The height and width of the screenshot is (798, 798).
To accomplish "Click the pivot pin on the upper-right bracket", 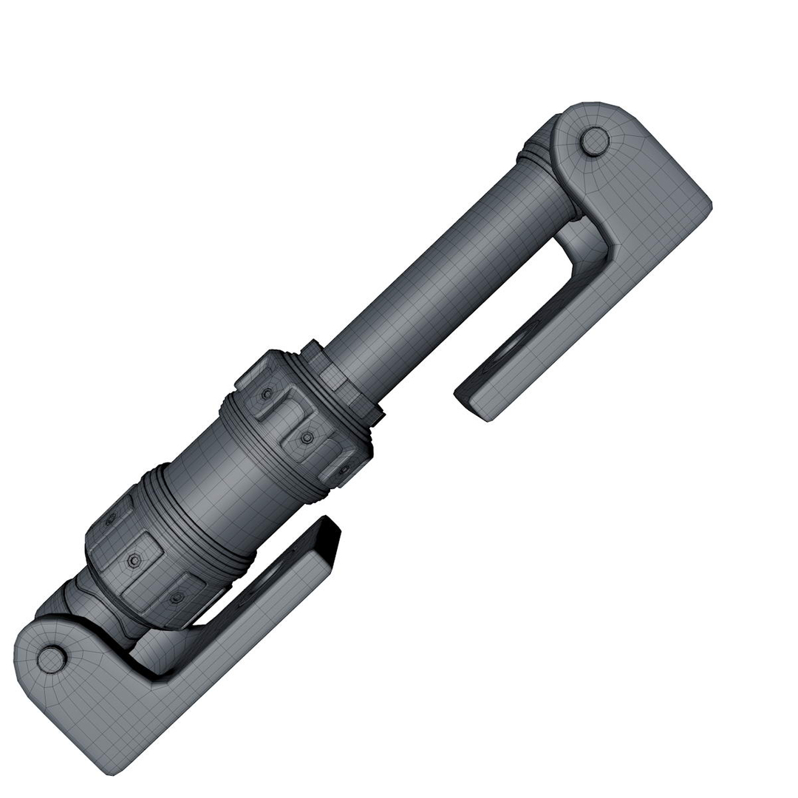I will [595, 141].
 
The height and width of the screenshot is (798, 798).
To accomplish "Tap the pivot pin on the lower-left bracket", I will [51, 659].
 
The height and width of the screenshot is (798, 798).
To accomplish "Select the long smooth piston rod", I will [451, 266].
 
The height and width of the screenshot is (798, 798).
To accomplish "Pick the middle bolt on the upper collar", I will [307, 437].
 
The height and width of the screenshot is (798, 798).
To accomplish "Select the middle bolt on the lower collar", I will [134, 561].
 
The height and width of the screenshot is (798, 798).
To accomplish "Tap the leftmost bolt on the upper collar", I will [266, 395].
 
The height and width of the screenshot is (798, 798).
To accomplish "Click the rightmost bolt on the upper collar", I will [344, 471].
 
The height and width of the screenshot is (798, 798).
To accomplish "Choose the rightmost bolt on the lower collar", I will [176, 598].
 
